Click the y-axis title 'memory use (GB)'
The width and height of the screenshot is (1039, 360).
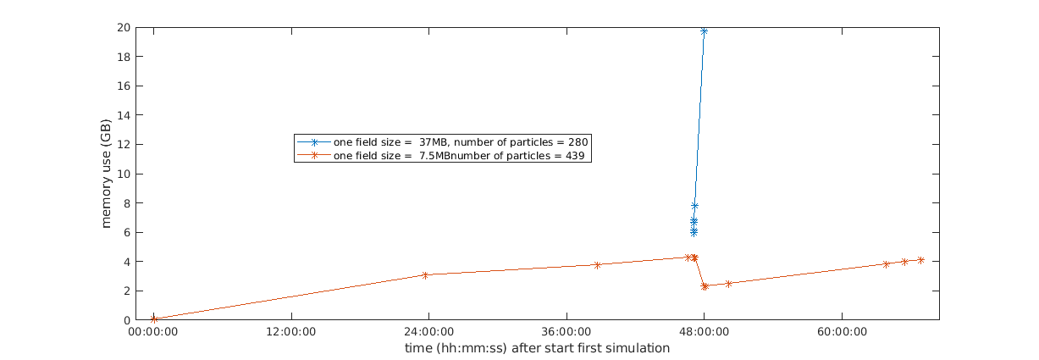pyautogui.click(x=107, y=174)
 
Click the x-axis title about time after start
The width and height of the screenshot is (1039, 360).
pyautogui.click(x=537, y=348)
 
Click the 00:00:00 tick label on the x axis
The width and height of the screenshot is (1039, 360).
pyautogui.click(x=152, y=334)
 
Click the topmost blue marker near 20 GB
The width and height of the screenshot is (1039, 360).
pyautogui.click(x=704, y=31)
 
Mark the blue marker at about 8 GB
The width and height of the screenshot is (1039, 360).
pyautogui.click(x=694, y=206)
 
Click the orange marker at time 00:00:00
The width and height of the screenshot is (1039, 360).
pyautogui.click(x=153, y=318)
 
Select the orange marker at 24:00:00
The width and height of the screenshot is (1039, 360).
pyautogui.click(x=425, y=274)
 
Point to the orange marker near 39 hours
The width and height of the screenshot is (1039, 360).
pyautogui.click(x=597, y=265)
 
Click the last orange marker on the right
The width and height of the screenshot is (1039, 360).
pyautogui.click(x=920, y=260)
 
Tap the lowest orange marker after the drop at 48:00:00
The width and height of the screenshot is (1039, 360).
pyautogui.click(x=705, y=286)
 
